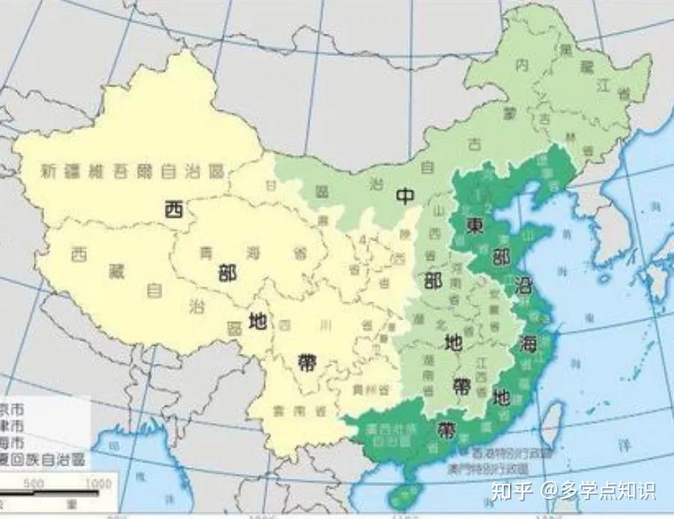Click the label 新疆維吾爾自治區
coord(133,171)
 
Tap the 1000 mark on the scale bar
coord(97,484)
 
